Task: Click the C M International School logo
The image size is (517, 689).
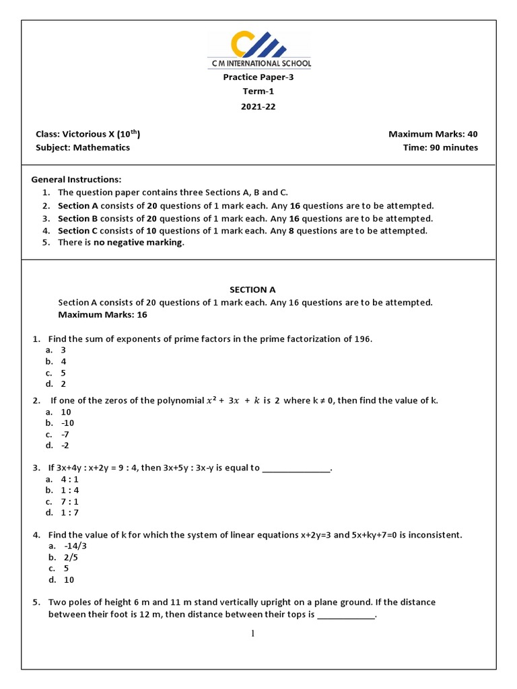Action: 258,51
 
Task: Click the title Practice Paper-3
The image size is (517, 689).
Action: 258,77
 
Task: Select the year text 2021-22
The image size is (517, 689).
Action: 258,106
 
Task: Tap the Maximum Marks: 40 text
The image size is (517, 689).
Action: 433,134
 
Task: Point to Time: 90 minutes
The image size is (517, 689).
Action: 440,147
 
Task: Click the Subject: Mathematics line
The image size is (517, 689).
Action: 83,147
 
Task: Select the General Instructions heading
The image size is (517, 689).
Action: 77,180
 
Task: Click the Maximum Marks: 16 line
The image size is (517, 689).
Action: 102,314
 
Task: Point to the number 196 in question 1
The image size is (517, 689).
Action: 362,339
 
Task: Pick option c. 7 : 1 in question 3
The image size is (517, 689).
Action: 63,502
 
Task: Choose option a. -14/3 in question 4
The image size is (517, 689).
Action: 68,546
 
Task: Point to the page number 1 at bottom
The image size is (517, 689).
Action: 253,633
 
